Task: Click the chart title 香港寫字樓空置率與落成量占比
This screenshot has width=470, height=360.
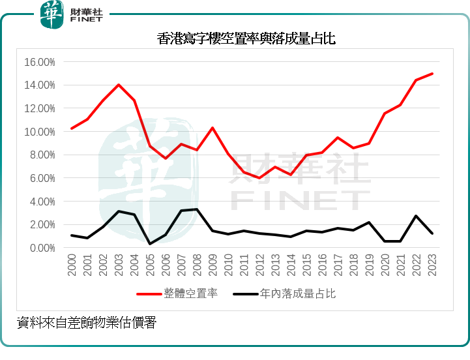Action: (x=246, y=38)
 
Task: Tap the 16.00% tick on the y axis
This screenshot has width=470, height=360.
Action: (x=39, y=62)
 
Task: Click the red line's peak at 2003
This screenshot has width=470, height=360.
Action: (x=119, y=85)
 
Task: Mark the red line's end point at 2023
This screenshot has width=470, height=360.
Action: (x=432, y=74)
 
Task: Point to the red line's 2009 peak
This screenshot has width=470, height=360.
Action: (x=213, y=128)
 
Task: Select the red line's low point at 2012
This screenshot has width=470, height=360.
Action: (x=259, y=178)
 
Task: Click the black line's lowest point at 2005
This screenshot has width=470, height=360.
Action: (x=150, y=244)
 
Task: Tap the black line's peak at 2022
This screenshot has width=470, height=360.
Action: (x=417, y=216)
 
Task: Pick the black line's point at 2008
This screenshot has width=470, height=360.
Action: (x=197, y=209)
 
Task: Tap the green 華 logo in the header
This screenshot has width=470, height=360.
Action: (x=51, y=14)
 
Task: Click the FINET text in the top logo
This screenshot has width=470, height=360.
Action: (x=87, y=20)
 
